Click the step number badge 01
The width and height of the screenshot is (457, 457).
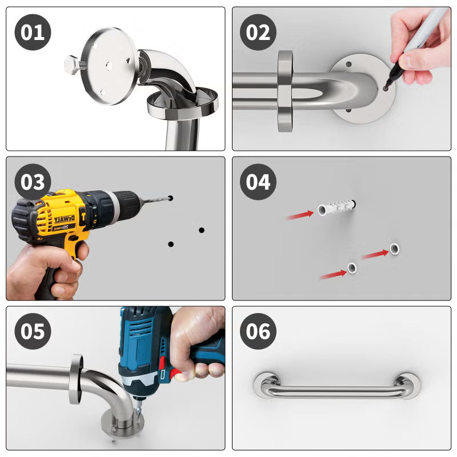[x=33, y=32]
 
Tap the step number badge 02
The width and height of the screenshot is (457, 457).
[x=258, y=32]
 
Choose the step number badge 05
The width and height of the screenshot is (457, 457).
[x=33, y=331]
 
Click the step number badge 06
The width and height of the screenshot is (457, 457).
[x=258, y=331]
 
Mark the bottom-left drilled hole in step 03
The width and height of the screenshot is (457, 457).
[x=171, y=244]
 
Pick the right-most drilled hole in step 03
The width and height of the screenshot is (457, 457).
[x=202, y=230]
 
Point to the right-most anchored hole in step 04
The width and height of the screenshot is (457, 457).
[x=395, y=248]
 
